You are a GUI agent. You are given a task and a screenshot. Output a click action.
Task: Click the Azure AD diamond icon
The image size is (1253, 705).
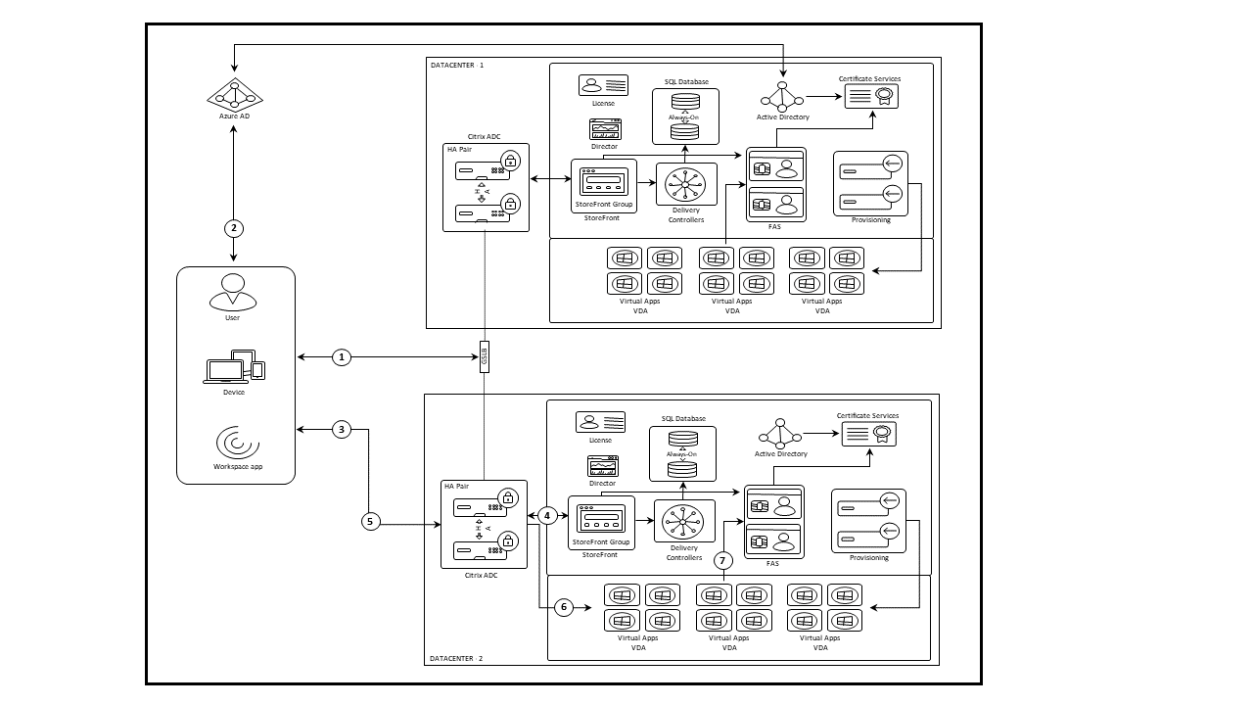[x=235, y=95]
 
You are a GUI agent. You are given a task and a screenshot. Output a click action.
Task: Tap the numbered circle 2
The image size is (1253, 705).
[x=233, y=228]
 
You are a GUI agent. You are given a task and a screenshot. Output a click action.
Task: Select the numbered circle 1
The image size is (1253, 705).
[x=342, y=357]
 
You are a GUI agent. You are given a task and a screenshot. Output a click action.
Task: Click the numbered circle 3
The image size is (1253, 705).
[x=342, y=429]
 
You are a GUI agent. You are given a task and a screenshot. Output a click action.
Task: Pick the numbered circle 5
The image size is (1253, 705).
[x=370, y=521]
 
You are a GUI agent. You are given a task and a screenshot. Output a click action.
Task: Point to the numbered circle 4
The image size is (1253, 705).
[x=548, y=515]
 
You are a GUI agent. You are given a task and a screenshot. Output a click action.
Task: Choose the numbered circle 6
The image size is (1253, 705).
[x=563, y=608]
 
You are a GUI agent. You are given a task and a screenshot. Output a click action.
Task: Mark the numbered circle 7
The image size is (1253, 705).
[x=723, y=561]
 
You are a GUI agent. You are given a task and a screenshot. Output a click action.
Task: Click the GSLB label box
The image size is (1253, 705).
[x=484, y=356]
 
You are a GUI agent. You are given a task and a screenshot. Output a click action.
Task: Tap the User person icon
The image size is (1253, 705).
[x=233, y=292]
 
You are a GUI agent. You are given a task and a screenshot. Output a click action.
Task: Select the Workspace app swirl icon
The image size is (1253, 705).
[x=236, y=443]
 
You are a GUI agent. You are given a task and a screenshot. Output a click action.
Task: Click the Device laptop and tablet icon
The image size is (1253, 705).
[x=235, y=368]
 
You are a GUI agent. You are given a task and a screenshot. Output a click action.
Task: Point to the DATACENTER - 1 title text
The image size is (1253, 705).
[x=457, y=66]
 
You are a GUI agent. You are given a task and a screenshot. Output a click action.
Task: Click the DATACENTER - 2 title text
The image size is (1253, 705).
[x=456, y=659]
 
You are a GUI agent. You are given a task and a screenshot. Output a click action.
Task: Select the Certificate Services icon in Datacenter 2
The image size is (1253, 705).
[x=868, y=435]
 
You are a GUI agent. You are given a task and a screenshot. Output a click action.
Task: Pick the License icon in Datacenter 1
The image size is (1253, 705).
[x=603, y=86]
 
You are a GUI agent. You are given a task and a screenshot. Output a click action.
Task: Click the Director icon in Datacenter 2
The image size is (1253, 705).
[x=603, y=466]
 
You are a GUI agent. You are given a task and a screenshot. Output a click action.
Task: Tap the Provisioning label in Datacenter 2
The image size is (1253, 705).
[x=869, y=558]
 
